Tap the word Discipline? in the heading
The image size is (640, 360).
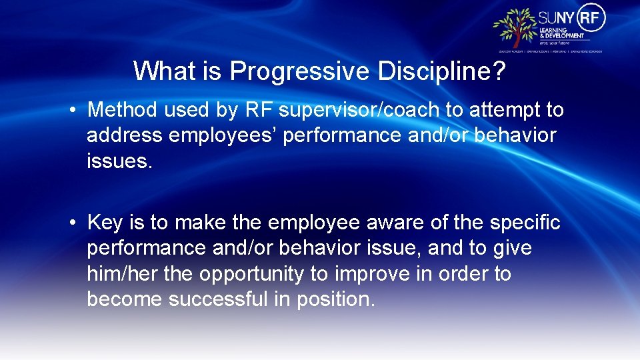pyautogui.click(x=439, y=71)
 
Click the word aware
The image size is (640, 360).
pyautogui.click(x=379, y=222)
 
